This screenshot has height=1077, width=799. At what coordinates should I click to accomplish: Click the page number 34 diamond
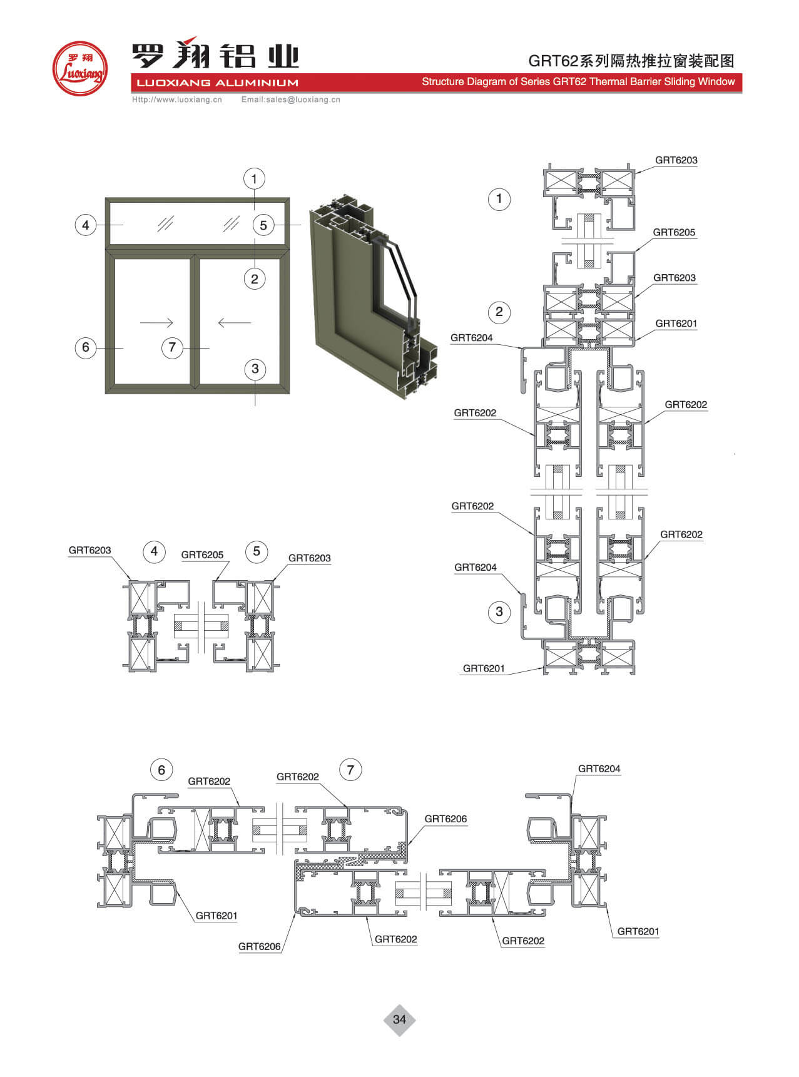(x=399, y=1019)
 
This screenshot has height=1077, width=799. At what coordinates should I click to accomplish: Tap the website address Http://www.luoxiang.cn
(x=177, y=100)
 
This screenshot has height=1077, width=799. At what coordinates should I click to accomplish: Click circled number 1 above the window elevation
(x=254, y=179)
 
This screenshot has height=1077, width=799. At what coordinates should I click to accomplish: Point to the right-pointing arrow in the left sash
(x=156, y=322)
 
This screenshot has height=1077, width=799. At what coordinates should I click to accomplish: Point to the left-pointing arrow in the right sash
(x=234, y=322)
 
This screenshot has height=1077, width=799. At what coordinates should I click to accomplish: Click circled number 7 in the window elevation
(x=172, y=347)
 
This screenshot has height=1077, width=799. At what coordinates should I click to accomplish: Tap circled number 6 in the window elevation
(x=86, y=347)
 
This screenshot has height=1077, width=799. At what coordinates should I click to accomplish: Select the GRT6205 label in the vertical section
(x=674, y=232)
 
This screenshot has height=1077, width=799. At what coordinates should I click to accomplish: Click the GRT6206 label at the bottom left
(x=259, y=946)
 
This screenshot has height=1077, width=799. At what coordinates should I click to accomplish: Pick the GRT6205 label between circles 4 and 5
(x=202, y=554)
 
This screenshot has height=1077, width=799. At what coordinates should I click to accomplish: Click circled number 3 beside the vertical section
(x=499, y=611)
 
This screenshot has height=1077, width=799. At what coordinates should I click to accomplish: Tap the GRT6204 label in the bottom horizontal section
(x=599, y=768)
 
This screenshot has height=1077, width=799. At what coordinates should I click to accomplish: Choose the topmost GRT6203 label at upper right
(x=676, y=160)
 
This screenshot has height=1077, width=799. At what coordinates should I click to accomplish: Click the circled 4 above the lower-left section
(x=154, y=551)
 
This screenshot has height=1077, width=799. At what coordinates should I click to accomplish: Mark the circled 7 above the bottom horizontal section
(x=350, y=770)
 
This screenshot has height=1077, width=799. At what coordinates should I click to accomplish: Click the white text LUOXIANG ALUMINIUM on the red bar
(x=217, y=83)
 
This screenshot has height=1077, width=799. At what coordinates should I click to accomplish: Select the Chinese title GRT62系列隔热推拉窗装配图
(x=631, y=61)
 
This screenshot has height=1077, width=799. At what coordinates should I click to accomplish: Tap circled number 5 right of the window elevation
(x=263, y=225)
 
